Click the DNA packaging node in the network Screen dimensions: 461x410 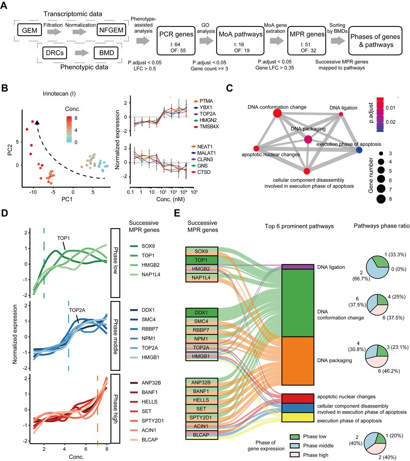[308, 139]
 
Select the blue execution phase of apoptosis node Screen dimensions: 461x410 [359, 150]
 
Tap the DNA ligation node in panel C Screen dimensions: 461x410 [341, 114]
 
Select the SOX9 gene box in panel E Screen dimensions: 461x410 [202, 251]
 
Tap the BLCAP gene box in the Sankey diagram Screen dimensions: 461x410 [202, 434]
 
